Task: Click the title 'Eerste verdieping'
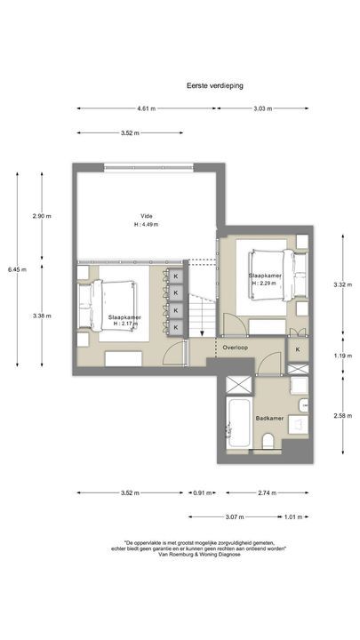215,85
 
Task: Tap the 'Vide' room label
146,216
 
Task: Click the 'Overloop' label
236,348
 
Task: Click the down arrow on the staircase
204,334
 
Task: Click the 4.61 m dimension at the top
146,109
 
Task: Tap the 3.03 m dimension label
262,109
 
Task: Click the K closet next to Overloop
297,349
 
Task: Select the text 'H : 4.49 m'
146,225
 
